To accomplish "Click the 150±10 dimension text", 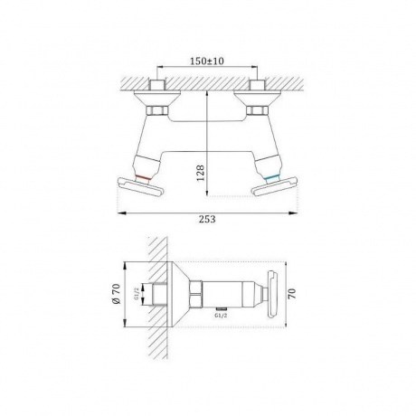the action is (x=207, y=61).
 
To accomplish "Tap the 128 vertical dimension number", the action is (x=201, y=173).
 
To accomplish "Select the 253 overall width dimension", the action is (x=207, y=219).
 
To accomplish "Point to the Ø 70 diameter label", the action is (x=117, y=294).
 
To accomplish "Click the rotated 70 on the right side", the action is (x=292, y=294).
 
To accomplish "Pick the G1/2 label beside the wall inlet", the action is (x=137, y=294).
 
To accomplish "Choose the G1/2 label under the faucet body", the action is (x=221, y=316).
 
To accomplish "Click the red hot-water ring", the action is (x=143, y=177).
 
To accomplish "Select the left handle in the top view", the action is (x=140, y=187).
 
